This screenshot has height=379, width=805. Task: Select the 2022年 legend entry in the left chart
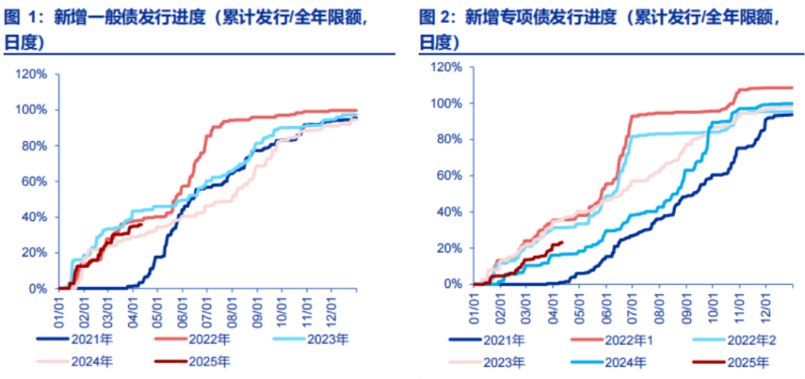(x=193, y=339)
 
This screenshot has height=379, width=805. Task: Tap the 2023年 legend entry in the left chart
(x=312, y=339)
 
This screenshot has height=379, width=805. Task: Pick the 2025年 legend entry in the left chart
(x=193, y=362)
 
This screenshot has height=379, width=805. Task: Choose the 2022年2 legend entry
(x=731, y=339)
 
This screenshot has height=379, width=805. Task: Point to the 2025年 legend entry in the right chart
(x=731, y=362)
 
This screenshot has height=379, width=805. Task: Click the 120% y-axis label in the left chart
(x=32, y=75)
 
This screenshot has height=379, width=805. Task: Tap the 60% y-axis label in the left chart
(x=36, y=182)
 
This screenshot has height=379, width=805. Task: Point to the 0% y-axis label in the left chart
(x=39, y=289)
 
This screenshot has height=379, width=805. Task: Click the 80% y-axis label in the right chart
(x=450, y=140)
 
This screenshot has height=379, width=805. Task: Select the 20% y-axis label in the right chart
(x=450, y=248)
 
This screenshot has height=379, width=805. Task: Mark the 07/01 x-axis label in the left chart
(x=207, y=308)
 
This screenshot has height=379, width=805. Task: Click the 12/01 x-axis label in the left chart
(x=332, y=308)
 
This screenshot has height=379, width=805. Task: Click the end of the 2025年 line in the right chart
(x=563, y=242)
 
